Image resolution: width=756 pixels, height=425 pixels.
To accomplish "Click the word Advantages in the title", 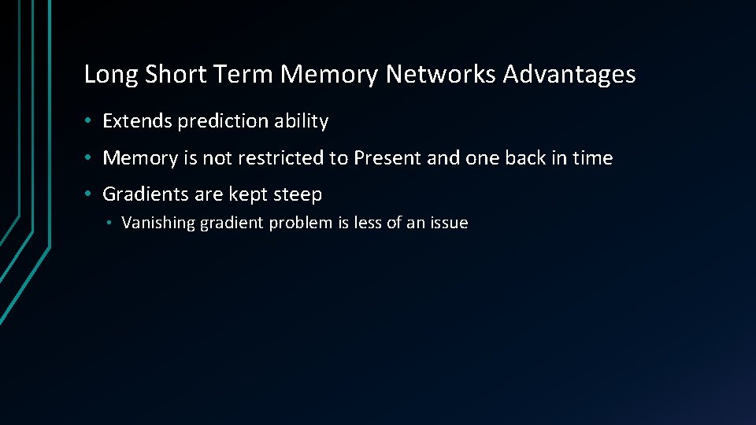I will pos(569,75).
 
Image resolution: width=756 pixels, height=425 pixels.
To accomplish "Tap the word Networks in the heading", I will pos(441,75).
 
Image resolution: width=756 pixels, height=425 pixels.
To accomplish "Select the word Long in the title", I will pos(109,75).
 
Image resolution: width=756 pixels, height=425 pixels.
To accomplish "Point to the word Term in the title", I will pos(247,75).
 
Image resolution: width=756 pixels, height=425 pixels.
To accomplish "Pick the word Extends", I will pos(138,121).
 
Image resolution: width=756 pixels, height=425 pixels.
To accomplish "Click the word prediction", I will pos(223,121).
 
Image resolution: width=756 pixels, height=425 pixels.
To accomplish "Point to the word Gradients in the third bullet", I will pos(146,194).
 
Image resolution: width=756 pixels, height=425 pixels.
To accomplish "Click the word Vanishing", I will pos(158,223).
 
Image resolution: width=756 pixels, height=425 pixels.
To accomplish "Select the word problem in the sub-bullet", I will pos(302,224).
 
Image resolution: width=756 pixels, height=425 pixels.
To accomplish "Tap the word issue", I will pos(448,223).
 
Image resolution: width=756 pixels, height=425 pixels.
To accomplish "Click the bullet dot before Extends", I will pos(91,121).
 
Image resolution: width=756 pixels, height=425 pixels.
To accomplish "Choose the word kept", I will pos(247,195).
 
